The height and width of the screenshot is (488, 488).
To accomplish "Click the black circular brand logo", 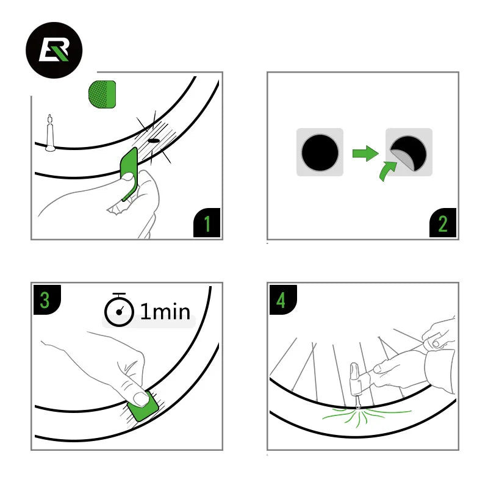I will click(x=53, y=49).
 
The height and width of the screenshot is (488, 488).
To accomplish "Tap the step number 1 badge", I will click(x=207, y=223).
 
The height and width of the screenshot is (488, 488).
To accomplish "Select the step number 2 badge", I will click(x=443, y=223).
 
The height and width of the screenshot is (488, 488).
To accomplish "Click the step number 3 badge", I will click(x=46, y=299).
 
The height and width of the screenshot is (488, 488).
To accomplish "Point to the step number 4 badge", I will click(x=282, y=299).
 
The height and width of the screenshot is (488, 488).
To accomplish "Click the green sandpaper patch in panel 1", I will click(x=102, y=94).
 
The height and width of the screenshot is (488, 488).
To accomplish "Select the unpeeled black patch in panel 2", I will click(x=320, y=152).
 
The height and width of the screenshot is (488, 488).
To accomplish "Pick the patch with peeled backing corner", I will click(x=409, y=152).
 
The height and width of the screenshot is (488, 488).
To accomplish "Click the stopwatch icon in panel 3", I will click(x=119, y=311).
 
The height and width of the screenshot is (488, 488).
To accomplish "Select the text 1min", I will click(x=165, y=312).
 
